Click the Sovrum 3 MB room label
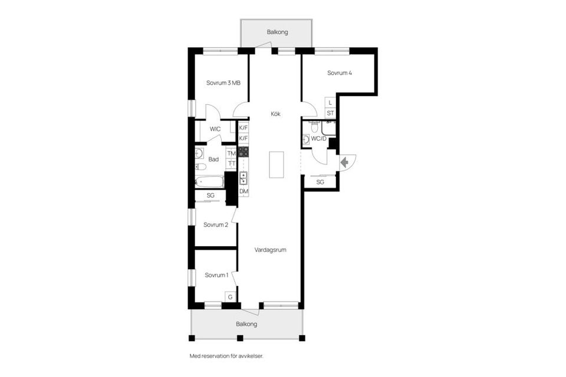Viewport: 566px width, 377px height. [223, 83]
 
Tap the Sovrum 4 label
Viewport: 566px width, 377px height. [340, 73]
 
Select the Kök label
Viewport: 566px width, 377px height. [275, 114]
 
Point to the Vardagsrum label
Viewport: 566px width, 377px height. [270, 250]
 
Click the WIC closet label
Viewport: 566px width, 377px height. [215, 129]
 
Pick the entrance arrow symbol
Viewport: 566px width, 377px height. [344, 163]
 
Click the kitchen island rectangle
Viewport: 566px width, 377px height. [276, 164]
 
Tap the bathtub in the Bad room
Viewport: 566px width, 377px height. [210, 181]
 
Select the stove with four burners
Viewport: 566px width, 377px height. [243, 151]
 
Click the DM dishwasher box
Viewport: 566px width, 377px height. [243, 191]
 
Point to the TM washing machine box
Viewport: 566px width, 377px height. [231, 153]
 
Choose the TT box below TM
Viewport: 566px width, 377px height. [231, 164]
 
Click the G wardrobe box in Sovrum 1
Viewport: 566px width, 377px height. [231, 297]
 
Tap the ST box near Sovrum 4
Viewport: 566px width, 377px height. [330, 113]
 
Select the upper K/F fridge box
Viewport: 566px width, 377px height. [243, 128]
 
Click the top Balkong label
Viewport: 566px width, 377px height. [277, 32]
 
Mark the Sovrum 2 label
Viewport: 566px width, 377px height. [216, 225]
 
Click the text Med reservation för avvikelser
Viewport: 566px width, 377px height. [226, 356]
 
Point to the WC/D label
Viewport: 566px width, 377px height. [318, 138]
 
